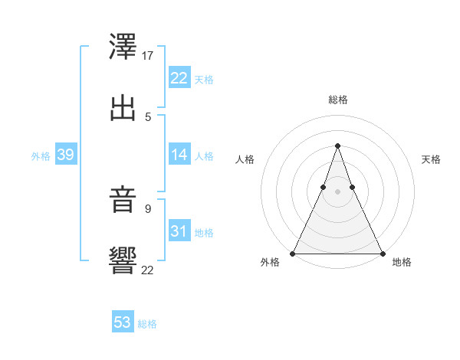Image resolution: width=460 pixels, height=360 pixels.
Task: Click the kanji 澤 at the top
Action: coord(123,47)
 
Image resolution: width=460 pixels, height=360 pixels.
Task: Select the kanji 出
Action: coord(123,107)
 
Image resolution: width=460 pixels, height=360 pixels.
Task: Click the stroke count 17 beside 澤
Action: coord(148,56)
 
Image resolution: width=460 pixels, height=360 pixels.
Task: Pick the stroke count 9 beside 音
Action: coord(148,208)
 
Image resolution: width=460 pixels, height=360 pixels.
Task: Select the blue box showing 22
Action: coord(179,78)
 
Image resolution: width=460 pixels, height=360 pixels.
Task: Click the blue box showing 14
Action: coord(179,155)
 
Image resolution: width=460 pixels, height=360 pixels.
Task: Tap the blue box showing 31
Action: coord(179,231)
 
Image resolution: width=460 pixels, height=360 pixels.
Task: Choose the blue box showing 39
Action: coord(65,155)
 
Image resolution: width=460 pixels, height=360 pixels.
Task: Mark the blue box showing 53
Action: coord(122,322)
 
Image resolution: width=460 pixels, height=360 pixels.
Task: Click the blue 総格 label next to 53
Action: coord(147,324)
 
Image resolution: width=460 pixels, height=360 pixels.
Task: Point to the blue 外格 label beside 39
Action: coord(41,155)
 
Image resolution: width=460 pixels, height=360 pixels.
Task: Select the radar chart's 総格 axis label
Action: coord(337,100)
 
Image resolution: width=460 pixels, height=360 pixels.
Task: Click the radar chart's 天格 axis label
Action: coord(431,159)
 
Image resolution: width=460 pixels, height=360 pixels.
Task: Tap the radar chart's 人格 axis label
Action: coord(245,159)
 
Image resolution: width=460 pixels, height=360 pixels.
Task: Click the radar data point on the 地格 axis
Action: coord(382,254)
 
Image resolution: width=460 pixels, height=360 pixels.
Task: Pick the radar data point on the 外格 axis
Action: coord(293,254)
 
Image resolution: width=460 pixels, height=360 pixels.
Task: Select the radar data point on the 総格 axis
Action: coord(337,146)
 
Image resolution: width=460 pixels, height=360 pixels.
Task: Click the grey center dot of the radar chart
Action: coord(337,191)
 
